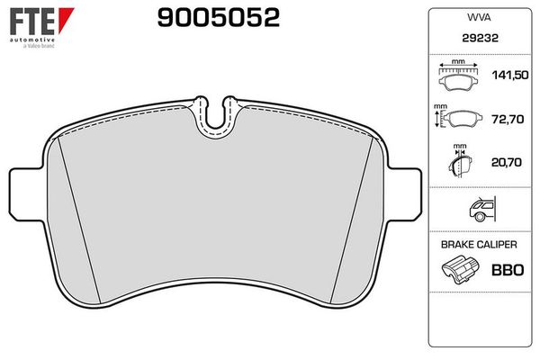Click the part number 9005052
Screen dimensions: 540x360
click(x=219, y=18)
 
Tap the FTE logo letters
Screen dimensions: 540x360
click(x=32, y=22)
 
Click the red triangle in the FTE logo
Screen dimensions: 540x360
click(x=65, y=19)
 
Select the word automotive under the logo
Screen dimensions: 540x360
click(x=32, y=40)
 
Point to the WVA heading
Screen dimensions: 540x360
click(x=479, y=18)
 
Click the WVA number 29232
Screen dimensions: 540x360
click(x=480, y=38)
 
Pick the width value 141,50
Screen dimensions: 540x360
click(x=510, y=75)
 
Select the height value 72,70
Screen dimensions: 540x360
click(x=508, y=119)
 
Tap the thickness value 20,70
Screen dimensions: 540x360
click(x=506, y=162)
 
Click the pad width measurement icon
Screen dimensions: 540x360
click(x=458, y=76)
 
